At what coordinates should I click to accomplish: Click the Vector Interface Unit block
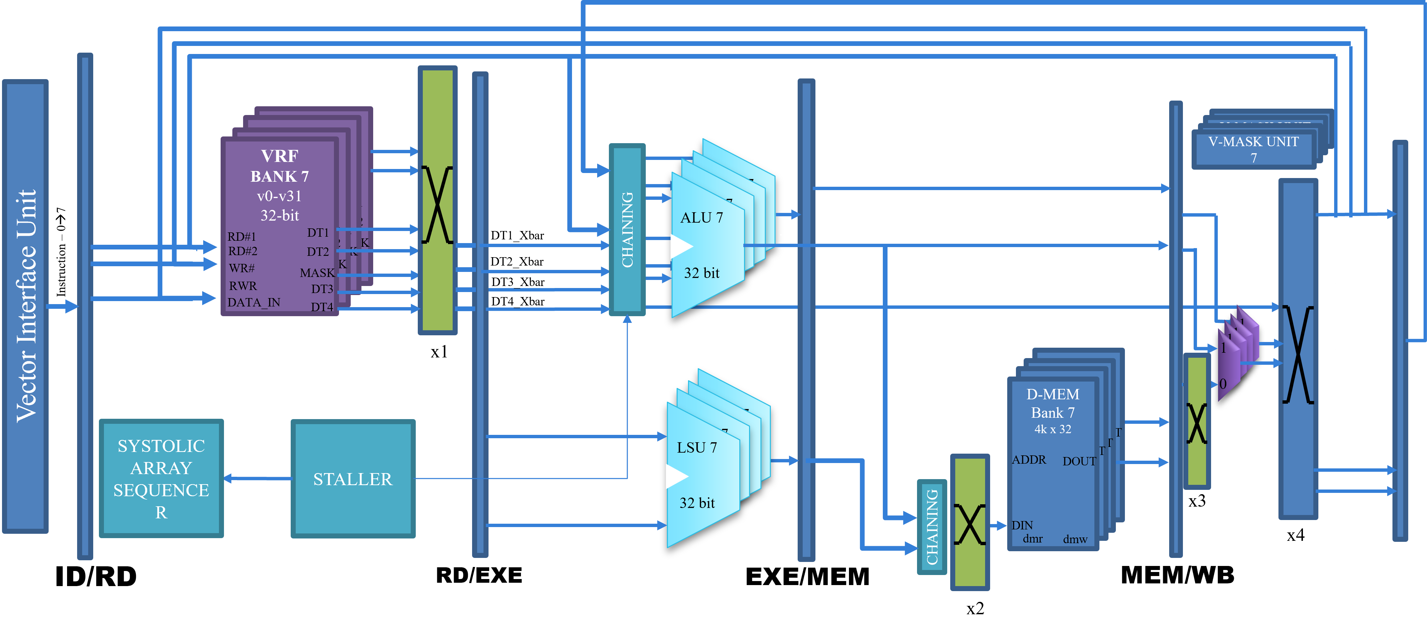[25, 306]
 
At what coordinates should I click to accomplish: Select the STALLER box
[353, 479]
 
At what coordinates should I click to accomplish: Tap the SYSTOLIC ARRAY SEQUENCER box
[161, 479]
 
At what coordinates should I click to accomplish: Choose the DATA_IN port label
[254, 302]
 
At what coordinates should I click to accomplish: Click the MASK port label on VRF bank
[317, 273]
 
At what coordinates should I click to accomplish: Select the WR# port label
[241, 268]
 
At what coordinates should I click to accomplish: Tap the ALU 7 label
[701, 218]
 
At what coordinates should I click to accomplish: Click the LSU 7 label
[697, 448]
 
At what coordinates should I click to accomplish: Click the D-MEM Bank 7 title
[1052, 403]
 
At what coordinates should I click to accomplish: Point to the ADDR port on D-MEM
[1029, 460]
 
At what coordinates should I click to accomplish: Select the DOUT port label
[1079, 461]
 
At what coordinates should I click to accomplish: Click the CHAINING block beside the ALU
[627, 229]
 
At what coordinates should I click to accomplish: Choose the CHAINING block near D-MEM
[932, 526]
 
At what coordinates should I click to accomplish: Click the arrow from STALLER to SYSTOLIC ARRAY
[258, 478]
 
